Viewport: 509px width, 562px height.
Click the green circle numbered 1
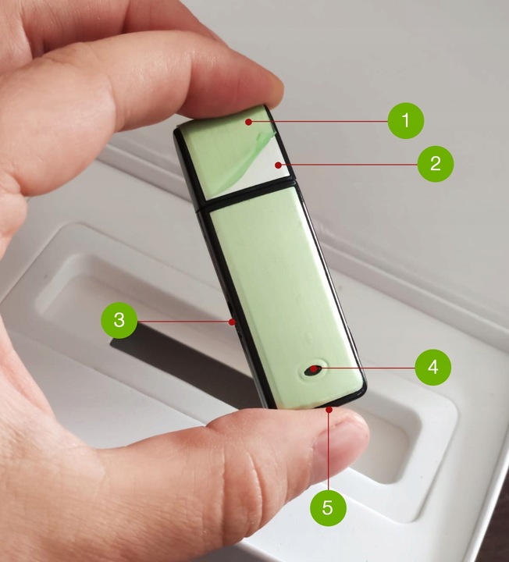406,120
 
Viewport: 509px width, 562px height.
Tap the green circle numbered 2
436,164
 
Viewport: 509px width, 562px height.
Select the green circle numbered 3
119,320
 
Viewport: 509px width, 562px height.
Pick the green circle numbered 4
433,368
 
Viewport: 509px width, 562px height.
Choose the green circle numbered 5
328,508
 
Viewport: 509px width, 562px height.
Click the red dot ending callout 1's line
248,122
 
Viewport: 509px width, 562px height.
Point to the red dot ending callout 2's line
278,165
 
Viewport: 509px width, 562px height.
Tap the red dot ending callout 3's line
233,322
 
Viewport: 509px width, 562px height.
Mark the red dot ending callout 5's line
329,409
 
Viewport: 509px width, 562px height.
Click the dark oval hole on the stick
314,370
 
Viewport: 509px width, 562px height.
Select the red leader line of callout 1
319,122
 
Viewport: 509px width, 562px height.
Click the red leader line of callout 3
184,321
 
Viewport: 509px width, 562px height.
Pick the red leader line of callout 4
365,368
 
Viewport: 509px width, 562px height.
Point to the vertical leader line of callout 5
329,450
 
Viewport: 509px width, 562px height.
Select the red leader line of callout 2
348,165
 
